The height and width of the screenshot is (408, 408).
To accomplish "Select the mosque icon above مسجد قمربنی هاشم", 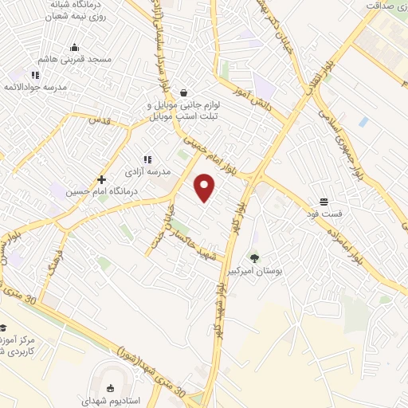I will point(74,47).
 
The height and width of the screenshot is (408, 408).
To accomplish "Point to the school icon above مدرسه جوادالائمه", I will point(35,75).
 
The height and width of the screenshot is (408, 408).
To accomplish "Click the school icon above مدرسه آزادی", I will point(147,159).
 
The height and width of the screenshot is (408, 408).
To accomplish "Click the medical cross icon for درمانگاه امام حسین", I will point(101,179).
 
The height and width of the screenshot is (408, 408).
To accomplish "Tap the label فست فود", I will point(324,214).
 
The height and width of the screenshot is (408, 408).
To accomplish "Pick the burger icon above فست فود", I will point(324,202).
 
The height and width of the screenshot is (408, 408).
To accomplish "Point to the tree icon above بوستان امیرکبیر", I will point(254,257).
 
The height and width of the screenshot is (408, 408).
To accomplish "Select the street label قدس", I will point(99,120).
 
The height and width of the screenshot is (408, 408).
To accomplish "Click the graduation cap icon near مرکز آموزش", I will point(3,328).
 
